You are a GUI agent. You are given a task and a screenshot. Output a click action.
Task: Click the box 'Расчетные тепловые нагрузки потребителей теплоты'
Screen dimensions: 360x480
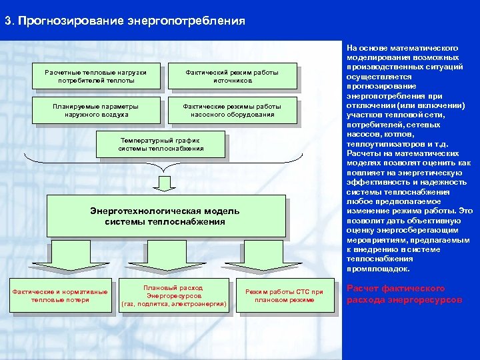[96, 76]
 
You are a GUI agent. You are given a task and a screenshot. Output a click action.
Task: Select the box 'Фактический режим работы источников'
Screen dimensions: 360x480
[232, 76]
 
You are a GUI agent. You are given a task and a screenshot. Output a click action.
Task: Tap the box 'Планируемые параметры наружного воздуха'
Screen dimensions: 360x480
[96, 110]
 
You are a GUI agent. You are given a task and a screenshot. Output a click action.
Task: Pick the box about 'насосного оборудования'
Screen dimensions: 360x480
[232, 110]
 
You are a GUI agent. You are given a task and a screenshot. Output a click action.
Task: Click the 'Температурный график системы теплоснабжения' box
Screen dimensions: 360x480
[161, 145]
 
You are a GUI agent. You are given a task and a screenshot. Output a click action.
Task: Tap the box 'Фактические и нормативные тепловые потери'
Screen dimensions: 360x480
[60, 295]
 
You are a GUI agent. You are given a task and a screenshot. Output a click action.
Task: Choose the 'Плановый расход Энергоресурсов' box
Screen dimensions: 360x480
[173, 296]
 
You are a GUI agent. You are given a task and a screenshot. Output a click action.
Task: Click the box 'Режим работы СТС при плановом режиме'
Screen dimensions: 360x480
[284, 295]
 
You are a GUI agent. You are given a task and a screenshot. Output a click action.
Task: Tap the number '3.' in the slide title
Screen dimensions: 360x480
[9, 21]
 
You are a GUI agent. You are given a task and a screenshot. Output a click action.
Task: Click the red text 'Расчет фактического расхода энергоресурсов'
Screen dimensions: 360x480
[404, 294]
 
